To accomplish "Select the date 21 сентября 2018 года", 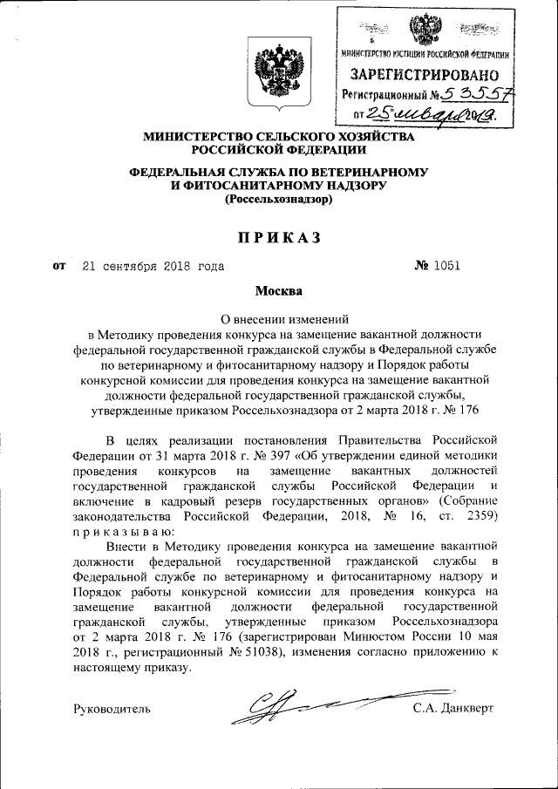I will [153, 266].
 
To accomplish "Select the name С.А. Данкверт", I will [453, 708].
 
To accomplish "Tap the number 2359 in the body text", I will [479, 516].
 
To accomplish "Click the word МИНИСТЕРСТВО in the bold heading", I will [194, 137].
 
